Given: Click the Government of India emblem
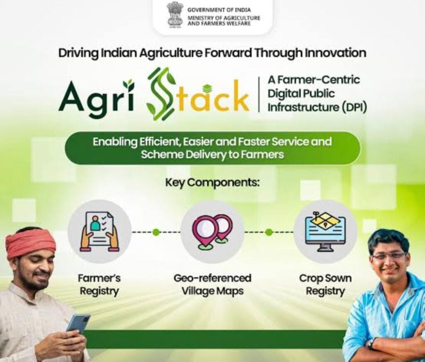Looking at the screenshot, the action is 175,15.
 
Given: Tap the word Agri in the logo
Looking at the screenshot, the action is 96,96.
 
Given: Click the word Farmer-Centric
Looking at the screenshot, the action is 314,80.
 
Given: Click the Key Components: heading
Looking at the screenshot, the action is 212,183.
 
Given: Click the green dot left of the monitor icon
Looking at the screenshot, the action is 269,232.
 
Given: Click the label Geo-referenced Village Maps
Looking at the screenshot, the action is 212,284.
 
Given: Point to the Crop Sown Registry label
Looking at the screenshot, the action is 325,284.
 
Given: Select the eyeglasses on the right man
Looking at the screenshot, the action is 389,256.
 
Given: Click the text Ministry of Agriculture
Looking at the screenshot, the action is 224,18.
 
